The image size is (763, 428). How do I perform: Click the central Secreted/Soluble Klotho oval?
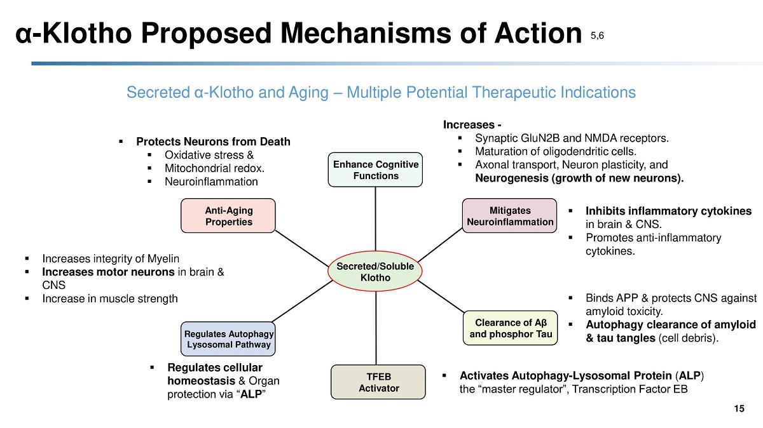coord(375,272)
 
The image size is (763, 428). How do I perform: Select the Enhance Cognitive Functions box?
coord(375,170)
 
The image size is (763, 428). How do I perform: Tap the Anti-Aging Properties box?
coord(228,216)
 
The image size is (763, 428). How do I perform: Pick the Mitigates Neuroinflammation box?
coord(509,216)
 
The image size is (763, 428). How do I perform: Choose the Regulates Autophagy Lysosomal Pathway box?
coord(228,339)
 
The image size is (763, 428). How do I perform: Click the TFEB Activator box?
coord(378,382)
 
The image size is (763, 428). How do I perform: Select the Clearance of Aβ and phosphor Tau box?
coord(510,328)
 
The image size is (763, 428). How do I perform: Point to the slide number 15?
coord(739,408)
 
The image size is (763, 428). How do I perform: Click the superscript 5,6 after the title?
coord(597,36)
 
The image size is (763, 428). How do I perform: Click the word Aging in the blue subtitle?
coord(308,93)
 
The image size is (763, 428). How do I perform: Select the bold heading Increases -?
coord(472,125)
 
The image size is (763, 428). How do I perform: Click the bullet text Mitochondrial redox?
coord(215,168)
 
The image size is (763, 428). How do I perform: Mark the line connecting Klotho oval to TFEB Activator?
coord(376,328)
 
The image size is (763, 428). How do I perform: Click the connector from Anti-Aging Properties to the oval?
coord(302,249)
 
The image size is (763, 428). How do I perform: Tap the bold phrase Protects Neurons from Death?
coord(213,142)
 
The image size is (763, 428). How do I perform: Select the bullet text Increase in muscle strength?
coord(110,298)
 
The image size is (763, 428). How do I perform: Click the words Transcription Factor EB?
coord(630,389)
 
